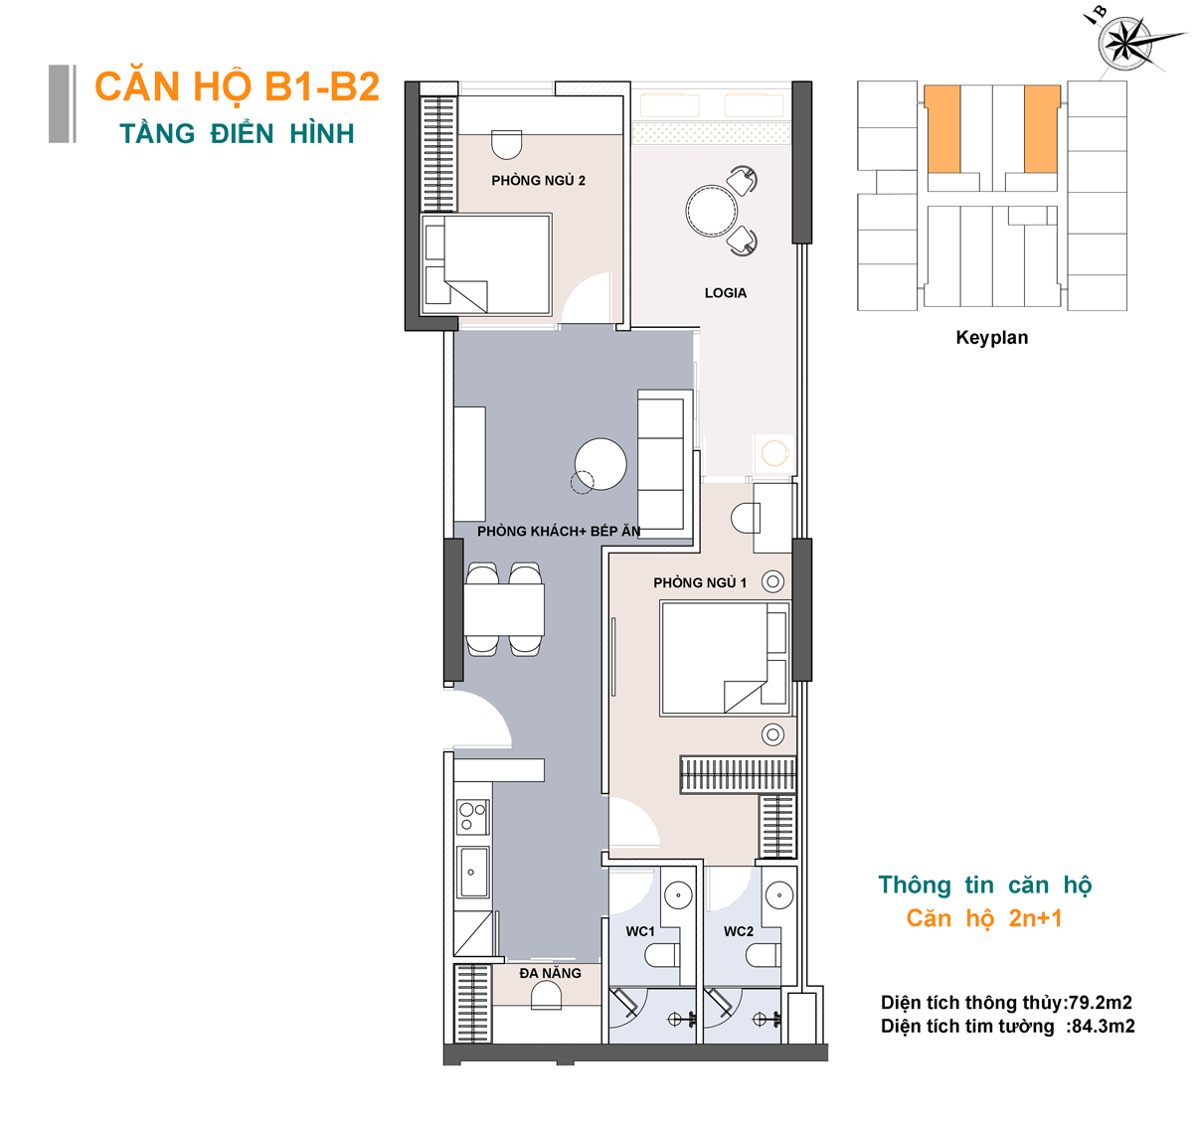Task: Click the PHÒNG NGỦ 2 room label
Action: click(538, 180)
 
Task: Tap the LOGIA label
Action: click(725, 292)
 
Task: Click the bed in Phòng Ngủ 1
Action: click(725, 658)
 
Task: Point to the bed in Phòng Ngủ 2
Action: click(486, 264)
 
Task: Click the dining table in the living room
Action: click(504, 608)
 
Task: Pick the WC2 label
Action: click(738, 931)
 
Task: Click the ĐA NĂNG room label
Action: click(550, 973)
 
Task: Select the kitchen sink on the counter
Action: click(472, 872)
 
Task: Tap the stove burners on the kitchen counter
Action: click(472, 816)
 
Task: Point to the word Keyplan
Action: click(991, 338)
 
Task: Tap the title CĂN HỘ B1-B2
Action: click(238, 86)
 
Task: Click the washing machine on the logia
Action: click(773, 453)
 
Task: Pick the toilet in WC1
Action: click(661, 956)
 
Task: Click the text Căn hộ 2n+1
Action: click(983, 918)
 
